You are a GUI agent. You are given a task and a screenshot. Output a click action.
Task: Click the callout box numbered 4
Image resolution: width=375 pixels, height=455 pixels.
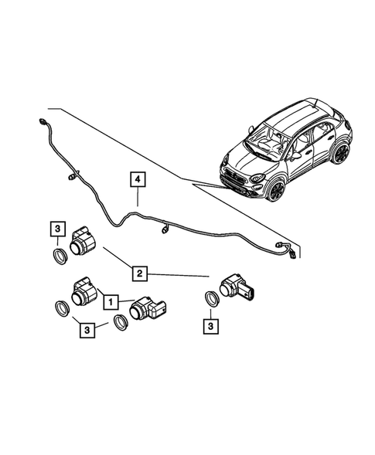[137, 181]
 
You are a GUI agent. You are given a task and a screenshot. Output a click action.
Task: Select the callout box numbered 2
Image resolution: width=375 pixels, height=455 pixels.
[140, 273]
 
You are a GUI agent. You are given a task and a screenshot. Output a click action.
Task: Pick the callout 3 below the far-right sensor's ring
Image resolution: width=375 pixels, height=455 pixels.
[210, 327]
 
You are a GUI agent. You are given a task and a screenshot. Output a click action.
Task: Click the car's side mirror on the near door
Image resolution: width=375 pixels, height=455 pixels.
[295, 155]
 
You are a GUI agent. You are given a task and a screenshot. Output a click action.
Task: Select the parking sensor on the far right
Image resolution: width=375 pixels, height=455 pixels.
[234, 290]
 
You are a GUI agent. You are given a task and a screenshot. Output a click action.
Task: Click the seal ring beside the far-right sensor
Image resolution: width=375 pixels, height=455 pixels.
[210, 300]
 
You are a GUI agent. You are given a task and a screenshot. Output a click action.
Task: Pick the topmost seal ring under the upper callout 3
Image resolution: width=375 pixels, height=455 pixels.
[59, 255]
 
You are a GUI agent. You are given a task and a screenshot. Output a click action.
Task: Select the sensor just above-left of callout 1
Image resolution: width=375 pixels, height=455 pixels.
[82, 291]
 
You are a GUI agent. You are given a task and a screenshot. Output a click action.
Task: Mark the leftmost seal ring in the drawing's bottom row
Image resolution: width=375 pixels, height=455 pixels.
[59, 310]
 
